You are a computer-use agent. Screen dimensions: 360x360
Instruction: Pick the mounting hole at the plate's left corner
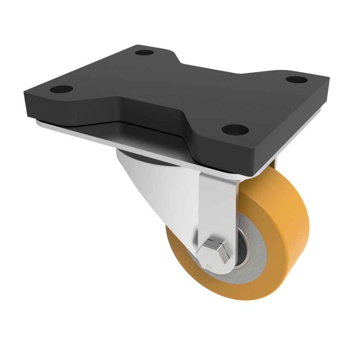63,89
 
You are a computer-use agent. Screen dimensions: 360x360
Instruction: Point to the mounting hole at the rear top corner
144,53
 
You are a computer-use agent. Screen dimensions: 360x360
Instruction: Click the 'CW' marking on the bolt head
209,267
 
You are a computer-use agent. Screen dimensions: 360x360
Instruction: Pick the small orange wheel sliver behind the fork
273,166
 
